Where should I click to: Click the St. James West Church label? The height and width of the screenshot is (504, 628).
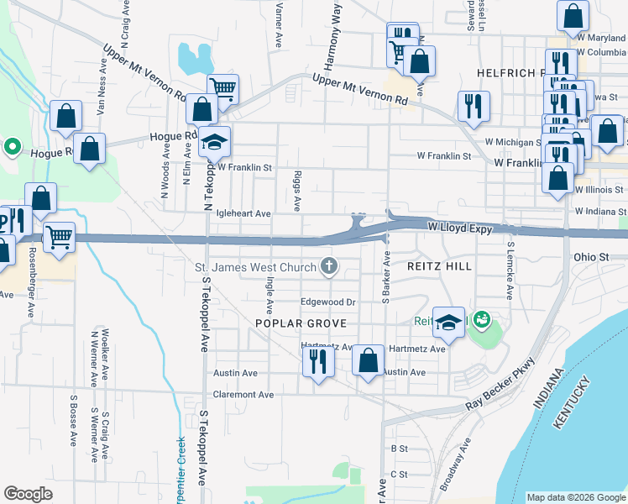pyautogui.click(x=255, y=268)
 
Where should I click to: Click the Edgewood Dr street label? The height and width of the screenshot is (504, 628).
pyautogui.click(x=329, y=302)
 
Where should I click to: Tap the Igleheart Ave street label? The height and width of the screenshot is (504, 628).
pyautogui.click(x=243, y=214)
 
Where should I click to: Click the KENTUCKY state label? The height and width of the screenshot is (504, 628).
pyautogui.click(x=573, y=407)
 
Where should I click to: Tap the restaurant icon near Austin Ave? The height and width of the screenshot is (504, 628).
pyautogui.click(x=317, y=361)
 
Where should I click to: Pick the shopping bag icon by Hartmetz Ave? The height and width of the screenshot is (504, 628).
pyautogui.click(x=368, y=361)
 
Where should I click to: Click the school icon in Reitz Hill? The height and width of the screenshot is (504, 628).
pyautogui.click(x=449, y=323)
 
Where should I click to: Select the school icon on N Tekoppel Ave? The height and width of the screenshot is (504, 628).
pyautogui.click(x=214, y=140)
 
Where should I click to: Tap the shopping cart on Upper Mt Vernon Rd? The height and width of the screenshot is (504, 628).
pyautogui.click(x=223, y=88)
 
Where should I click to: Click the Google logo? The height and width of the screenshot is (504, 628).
pyautogui.click(x=29, y=494)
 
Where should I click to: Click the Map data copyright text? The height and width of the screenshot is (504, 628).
pyautogui.click(x=575, y=497)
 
